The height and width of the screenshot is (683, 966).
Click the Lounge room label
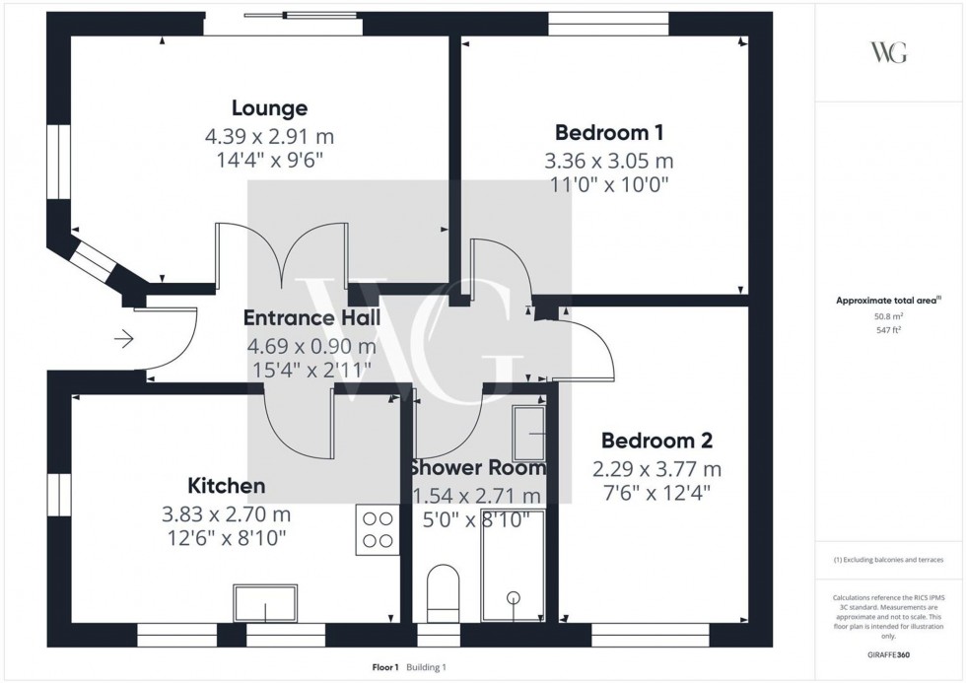coord(269,108)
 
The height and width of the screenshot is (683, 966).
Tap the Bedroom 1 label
coord(609,132)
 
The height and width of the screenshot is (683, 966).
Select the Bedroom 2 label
coord(656,441)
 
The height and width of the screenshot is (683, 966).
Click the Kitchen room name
coord(227,486)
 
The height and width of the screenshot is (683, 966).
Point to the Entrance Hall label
coord(311,318)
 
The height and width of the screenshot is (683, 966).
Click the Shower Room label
coord(477,467)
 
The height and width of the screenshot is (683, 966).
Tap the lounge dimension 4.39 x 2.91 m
coord(270,137)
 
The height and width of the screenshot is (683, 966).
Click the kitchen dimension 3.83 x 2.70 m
coord(227,513)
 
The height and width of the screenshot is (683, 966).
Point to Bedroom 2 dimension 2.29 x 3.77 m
coord(656,468)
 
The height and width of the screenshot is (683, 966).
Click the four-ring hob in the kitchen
coord(379,528)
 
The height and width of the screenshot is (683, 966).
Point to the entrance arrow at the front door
coord(124,340)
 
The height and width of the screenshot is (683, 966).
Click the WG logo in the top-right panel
coord(888,53)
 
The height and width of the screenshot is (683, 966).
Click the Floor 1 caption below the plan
coord(383,667)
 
